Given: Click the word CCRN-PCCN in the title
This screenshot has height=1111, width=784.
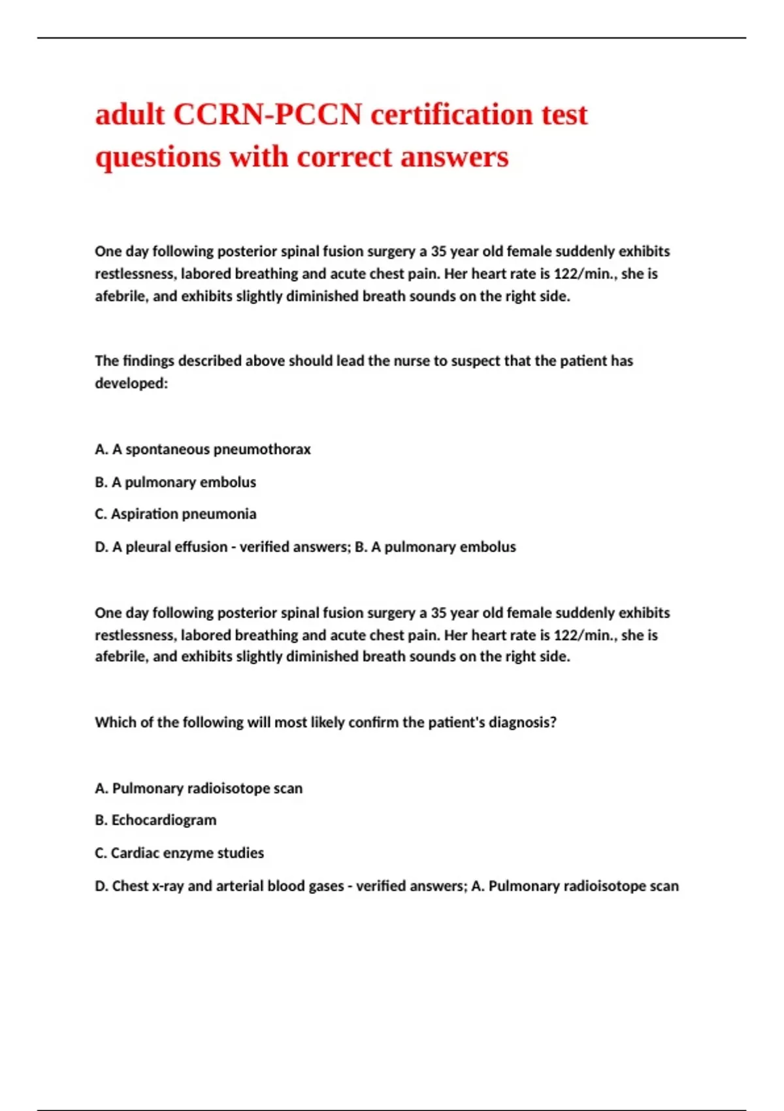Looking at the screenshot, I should [267, 115].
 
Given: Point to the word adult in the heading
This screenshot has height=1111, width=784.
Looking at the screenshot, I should [129, 115].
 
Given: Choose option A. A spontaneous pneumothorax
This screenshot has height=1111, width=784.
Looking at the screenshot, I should [203, 450].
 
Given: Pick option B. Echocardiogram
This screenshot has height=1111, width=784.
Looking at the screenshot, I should [155, 820].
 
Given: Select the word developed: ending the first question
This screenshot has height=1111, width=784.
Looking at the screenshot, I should [131, 383].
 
